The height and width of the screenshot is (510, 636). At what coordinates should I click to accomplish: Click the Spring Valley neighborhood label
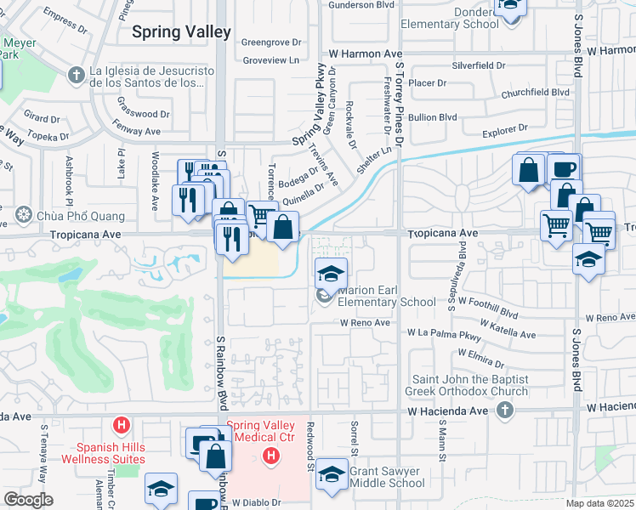[181, 32]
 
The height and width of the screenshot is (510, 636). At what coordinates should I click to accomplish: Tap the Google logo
[28, 500]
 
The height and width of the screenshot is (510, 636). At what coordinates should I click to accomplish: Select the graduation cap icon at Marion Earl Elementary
[331, 273]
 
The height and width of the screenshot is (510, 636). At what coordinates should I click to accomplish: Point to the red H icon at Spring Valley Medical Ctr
[271, 457]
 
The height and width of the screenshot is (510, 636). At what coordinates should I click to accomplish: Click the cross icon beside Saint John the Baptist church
[505, 411]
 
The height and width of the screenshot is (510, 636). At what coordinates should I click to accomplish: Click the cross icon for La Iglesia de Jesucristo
[77, 76]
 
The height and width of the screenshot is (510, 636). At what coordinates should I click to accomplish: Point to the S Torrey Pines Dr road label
[398, 102]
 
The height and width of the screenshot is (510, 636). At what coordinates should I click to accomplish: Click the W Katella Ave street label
[508, 329]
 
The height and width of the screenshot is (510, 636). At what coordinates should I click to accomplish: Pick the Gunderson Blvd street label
[361, 5]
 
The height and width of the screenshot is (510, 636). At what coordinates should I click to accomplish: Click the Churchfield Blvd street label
[535, 93]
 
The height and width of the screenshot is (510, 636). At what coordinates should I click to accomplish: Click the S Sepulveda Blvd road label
[463, 268]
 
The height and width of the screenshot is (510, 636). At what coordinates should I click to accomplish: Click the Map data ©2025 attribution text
[599, 503]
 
